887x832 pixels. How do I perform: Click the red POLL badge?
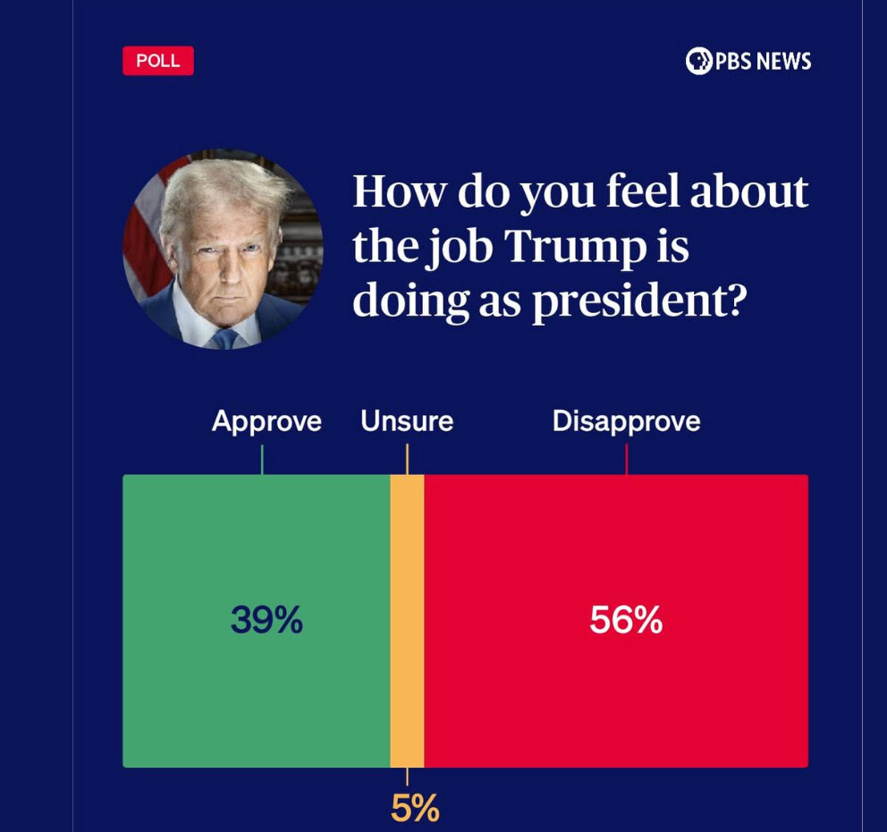[158, 61]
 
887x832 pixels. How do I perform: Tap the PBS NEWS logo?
[748, 61]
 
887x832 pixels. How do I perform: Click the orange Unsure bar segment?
[407, 621]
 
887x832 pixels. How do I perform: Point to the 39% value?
[266, 620]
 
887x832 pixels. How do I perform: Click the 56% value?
[626, 620]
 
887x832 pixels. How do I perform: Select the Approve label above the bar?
[266, 421]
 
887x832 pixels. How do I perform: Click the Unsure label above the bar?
[407, 421]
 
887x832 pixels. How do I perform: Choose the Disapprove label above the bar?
[626, 421]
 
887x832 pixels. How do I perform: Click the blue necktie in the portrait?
[224, 339]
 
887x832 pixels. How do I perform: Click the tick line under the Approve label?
[262, 460]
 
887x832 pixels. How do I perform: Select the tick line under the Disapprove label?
[626, 460]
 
